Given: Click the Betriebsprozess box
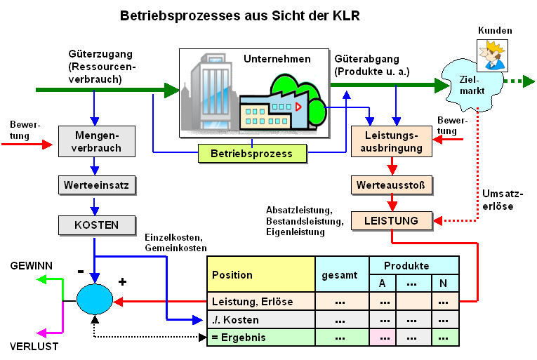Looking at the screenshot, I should coord(252,154).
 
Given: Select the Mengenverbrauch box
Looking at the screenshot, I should coord(95,140).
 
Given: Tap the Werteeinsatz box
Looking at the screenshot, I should coord(95,185).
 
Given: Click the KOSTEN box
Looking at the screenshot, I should coord(95,225).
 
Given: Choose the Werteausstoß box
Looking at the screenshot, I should coord(391,185).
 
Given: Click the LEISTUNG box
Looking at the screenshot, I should coord(391,220).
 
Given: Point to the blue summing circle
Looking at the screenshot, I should coord(94,299).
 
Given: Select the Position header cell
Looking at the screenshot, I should coord(260,274).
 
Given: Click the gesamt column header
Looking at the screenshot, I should coord(341,274).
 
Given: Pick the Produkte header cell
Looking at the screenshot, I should coord(413,266).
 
